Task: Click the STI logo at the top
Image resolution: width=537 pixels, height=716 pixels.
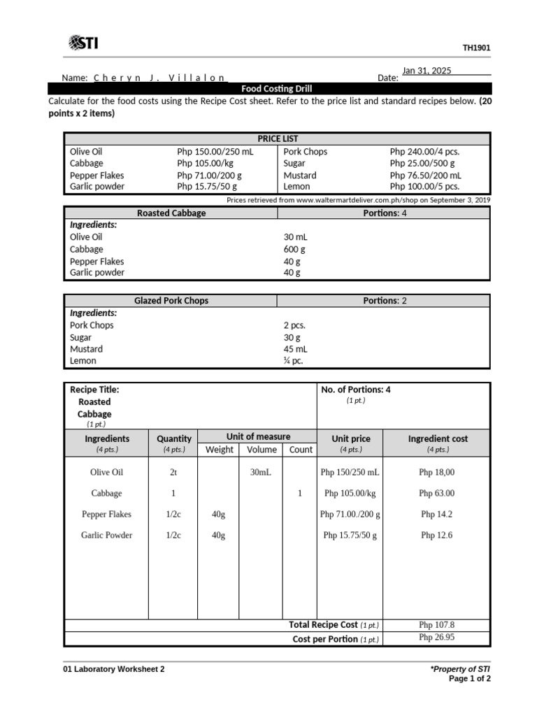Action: tap(83, 44)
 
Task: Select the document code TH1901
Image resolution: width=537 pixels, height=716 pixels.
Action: tap(476, 48)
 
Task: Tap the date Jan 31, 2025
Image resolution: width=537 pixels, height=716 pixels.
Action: tap(427, 71)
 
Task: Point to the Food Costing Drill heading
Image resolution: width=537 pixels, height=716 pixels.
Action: tap(276, 89)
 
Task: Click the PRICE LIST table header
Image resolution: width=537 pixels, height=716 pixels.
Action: tap(277, 138)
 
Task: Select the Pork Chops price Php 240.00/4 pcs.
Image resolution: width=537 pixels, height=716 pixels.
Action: tap(424, 151)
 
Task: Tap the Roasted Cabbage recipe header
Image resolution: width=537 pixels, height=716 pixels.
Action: tap(171, 213)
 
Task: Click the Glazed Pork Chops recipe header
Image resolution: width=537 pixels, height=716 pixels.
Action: tap(171, 301)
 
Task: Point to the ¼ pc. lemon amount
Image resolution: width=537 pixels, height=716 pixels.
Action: tap(294, 361)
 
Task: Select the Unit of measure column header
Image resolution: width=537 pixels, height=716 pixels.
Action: tap(258, 436)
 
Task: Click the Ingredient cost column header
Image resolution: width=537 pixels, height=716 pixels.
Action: tap(438, 438)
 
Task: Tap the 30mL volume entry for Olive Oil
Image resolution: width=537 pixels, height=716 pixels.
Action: tap(260, 473)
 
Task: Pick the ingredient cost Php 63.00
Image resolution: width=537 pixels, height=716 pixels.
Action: tap(437, 494)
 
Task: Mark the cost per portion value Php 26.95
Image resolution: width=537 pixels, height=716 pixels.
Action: tap(437, 638)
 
